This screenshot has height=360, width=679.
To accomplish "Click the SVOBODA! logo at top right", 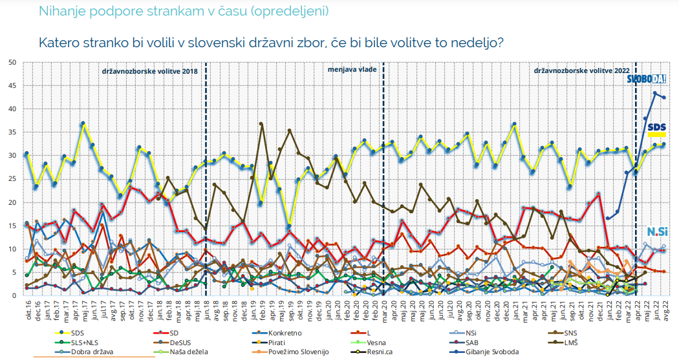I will coord(647,79).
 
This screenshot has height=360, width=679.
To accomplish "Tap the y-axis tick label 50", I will coord(11,62).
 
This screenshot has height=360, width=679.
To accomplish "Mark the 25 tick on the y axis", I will coord(11,179).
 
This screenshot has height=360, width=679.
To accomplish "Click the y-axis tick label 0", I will coord(14,296).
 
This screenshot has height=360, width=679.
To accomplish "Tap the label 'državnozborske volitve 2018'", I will coord(150,69).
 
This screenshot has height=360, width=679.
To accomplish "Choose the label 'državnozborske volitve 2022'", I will coord(580,69).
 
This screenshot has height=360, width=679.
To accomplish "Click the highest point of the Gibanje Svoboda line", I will coord(655,93).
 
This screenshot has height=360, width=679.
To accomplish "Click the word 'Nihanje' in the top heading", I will coord(60,11).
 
